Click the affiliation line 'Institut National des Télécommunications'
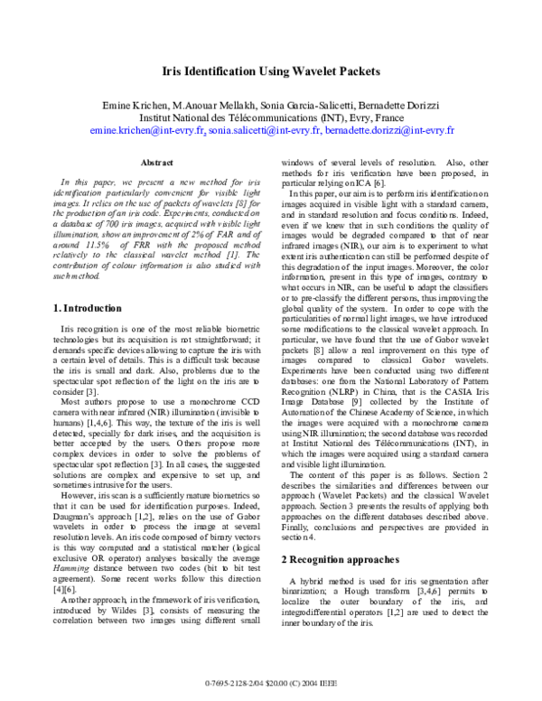coord(230,117)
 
